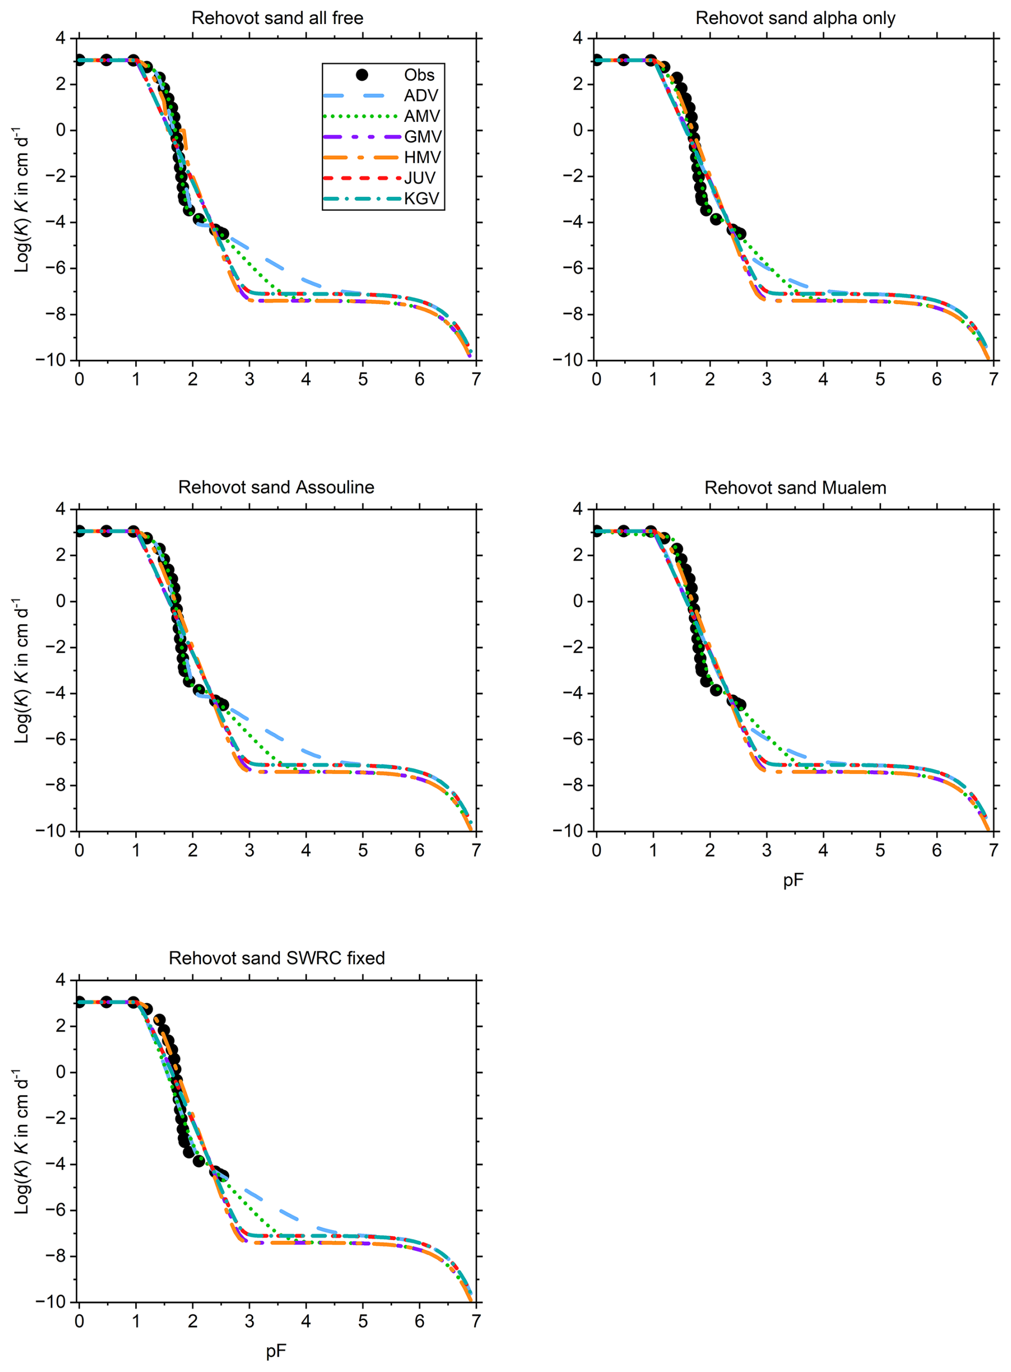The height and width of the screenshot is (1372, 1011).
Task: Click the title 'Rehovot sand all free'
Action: tap(277, 18)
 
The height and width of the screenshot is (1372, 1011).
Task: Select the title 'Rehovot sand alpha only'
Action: tap(795, 18)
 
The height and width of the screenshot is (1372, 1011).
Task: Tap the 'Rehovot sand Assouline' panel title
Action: tap(276, 487)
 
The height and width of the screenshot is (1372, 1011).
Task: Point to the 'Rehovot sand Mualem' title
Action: tap(795, 488)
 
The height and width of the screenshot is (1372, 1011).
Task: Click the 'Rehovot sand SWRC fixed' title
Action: tap(277, 958)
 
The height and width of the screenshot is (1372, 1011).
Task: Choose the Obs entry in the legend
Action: tap(419, 75)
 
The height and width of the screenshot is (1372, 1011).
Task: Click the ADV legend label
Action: tap(421, 96)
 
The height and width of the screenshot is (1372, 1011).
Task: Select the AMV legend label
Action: tap(422, 117)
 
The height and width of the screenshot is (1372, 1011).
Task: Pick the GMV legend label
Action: tap(422, 136)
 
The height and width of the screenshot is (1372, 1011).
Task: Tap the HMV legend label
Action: tap(422, 157)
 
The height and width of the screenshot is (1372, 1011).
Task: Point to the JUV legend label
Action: tap(420, 178)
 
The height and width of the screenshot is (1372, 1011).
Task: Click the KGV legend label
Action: tap(422, 198)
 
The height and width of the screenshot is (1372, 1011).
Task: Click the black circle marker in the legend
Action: tap(362, 75)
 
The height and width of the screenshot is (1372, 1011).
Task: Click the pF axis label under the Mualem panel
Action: tap(793, 881)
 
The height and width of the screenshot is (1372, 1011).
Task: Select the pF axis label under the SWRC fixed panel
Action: tap(276, 1351)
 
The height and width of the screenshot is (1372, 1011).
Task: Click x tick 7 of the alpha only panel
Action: tap(993, 379)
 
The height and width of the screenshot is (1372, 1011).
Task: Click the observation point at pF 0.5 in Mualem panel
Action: tap(624, 531)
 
